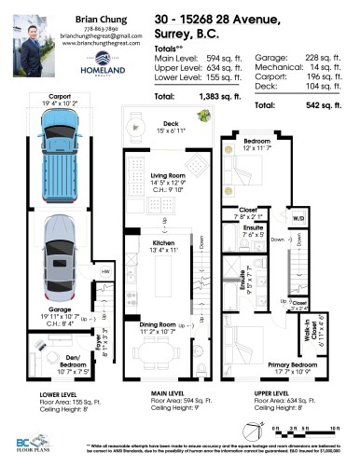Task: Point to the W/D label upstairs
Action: [298, 221]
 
